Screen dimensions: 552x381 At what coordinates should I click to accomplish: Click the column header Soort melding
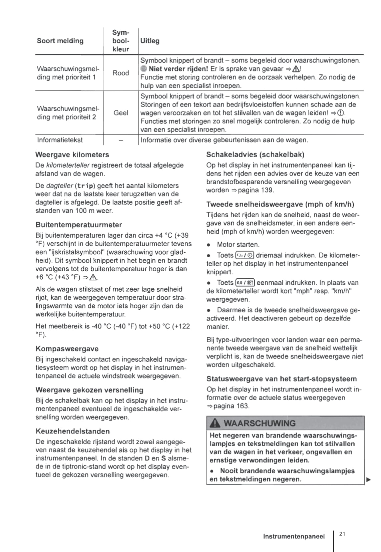60,41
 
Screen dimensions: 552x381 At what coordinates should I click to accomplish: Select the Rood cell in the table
120,73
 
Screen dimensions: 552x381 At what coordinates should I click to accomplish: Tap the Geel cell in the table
120,113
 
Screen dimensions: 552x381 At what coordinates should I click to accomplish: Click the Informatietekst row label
60,140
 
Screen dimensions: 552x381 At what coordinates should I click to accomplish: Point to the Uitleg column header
150,41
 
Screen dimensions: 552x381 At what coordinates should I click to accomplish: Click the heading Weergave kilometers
72,155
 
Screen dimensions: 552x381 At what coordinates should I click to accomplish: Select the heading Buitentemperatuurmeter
79,225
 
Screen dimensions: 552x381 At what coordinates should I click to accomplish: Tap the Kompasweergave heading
67,349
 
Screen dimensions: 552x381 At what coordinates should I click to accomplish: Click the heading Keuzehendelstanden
73,431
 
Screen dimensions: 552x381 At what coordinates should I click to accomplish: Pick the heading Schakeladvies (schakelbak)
255,155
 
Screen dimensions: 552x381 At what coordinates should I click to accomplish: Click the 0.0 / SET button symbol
245,282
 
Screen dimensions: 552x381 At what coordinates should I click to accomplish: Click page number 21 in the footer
342,534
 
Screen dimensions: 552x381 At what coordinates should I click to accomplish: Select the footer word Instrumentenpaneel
294,536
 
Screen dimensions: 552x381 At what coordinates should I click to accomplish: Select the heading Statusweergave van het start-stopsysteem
281,379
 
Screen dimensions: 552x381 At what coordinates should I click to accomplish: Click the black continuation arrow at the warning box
368,480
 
